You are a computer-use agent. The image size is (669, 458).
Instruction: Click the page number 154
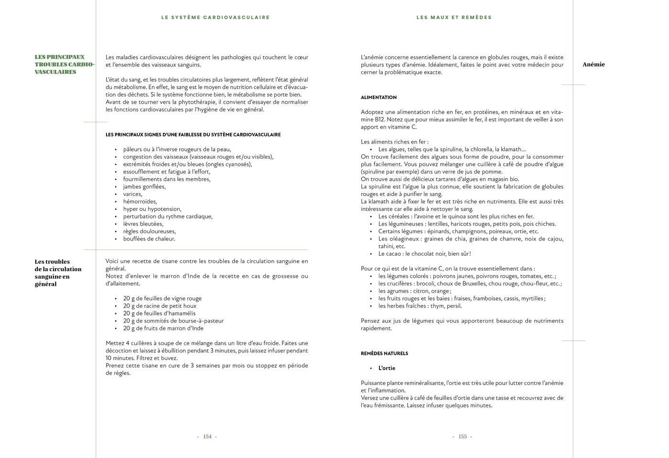tap(207, 436)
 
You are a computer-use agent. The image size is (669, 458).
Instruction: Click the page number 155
tap(462, 436)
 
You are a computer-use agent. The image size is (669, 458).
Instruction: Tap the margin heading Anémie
tap(593, 65)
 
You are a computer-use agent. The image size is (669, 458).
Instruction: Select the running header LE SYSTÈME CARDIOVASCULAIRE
tap(216, 17)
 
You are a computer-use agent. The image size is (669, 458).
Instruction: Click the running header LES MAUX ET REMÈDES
tap(454, 17)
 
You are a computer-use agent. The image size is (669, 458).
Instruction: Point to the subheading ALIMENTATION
tap(378, 98)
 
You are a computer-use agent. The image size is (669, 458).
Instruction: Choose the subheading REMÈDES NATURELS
tap(384, 354)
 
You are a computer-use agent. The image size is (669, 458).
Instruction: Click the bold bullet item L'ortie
tap(387, 368)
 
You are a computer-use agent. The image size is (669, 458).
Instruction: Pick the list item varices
tap(132, 194)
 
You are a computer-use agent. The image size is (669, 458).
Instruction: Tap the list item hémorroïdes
tap(140, 202)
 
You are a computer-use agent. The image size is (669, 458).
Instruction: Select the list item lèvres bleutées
tap(143, 224)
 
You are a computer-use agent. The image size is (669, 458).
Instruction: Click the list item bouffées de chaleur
tap(149, 239)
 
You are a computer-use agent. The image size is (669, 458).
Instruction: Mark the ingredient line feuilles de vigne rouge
tap(162, 298)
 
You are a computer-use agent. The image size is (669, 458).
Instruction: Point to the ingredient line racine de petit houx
tap(160, 306)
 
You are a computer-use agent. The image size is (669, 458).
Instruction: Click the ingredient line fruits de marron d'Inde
tap(163, 328)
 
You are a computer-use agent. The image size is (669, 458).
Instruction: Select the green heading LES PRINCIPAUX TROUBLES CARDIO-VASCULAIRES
tap(64, 65)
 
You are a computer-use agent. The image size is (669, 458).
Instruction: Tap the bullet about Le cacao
tap(424, 254)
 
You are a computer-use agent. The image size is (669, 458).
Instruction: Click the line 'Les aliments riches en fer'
tap(394, 142)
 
